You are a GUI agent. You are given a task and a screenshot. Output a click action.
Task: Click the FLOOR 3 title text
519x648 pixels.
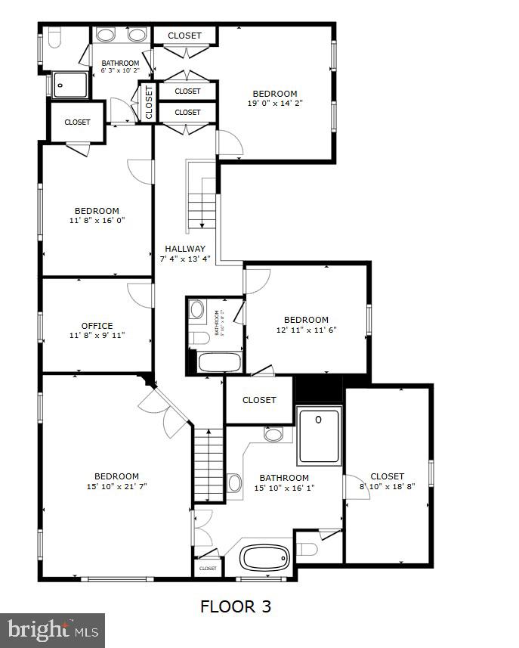235,606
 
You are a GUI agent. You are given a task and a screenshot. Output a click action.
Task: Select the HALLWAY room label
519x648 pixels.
185,248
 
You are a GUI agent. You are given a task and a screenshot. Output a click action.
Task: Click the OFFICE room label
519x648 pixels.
97,326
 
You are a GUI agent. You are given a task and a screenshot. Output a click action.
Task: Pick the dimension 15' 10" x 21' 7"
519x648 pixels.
116,486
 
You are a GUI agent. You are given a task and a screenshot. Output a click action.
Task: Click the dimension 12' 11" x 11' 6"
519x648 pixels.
306,330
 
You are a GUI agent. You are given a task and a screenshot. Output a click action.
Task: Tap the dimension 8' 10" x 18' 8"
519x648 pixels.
388,487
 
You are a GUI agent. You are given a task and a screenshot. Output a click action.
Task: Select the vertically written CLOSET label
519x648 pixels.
149,101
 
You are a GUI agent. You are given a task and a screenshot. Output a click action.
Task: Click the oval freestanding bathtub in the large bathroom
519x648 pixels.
264,558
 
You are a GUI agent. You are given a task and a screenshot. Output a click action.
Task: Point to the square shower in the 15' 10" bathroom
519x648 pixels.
320,435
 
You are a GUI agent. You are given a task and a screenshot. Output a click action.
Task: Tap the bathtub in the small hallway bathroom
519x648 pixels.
219,362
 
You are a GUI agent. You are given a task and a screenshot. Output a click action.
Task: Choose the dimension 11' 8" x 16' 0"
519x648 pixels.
97,221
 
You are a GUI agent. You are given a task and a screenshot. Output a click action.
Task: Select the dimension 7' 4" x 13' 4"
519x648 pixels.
185,259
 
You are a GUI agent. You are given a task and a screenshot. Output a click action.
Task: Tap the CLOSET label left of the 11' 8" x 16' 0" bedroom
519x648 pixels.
77,122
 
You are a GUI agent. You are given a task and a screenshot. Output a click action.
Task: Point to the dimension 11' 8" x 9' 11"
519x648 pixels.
97,336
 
